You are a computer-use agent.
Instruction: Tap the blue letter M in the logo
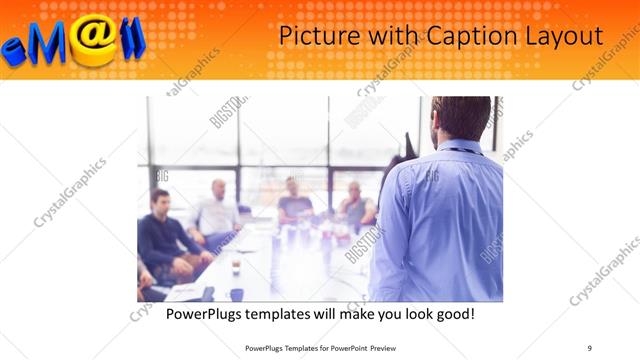51,42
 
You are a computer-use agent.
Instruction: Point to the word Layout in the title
566,36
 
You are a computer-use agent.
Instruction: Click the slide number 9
590,347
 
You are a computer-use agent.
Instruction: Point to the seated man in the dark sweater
162,235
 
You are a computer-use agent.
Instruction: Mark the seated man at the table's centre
293,200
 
